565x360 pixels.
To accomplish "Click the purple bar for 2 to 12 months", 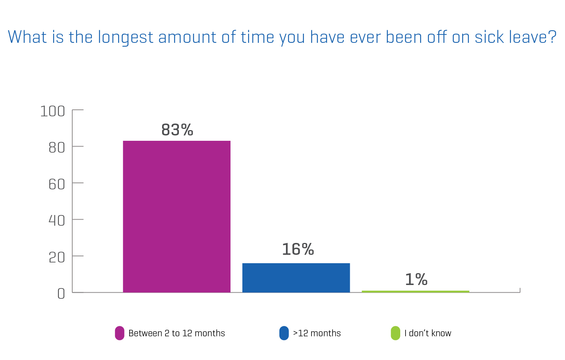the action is click(177, 217).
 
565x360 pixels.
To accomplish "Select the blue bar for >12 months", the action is click(296, 278).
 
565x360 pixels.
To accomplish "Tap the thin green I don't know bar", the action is click(416, 292).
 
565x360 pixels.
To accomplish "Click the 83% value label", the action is click(177, 130).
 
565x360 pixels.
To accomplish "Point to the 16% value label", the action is click(298, 249).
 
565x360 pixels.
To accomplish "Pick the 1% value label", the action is click(416, 279).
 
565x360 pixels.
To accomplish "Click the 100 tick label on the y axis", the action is click(52, 111).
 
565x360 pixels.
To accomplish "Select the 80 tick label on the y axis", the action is click(57, 148).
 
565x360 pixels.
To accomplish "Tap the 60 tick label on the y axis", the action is click(57, 184).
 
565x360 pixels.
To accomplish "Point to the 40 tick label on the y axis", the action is click(57, 221).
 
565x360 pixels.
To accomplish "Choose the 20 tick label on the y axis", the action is click(57, 257).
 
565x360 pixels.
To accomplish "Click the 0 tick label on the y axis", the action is click(61, 294).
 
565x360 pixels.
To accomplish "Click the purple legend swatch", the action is click(120, 333).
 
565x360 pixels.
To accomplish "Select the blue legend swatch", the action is click(284, 333).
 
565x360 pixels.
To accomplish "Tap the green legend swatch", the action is click(396, 333).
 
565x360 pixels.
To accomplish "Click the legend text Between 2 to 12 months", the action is click(177, 333).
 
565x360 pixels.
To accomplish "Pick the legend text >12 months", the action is click(317, 333).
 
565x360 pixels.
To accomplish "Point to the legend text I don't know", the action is click(428, 333).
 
